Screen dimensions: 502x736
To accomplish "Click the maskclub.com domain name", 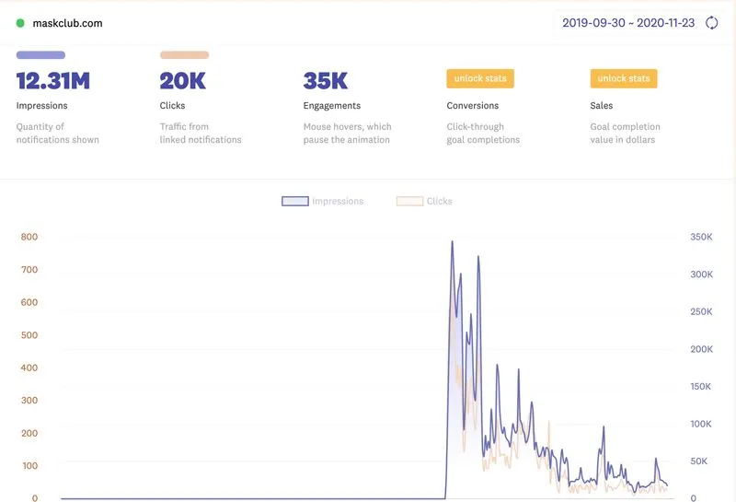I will point(68,23).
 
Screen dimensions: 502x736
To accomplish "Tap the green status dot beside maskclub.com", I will point(20,23).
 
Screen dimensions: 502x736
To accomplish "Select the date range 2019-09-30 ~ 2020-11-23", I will point(628,23).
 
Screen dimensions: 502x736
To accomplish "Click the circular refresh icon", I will point(711,23).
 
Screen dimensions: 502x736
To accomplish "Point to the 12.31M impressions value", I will point(53,81).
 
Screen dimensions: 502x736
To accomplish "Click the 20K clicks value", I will point(182,81).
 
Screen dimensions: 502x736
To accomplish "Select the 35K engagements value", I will point(326,81).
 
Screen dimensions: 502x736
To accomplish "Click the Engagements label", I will point(331,106).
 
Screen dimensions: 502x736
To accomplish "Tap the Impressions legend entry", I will point(323,201).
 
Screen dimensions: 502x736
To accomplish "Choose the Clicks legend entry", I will point(425,201).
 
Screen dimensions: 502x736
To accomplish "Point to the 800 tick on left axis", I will point(29,237).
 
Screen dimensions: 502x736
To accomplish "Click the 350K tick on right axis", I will point(700,237).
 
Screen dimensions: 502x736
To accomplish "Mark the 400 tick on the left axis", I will point(29,368).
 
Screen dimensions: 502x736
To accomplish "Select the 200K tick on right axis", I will point(700,349).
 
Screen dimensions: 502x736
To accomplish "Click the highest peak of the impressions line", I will point(452,242).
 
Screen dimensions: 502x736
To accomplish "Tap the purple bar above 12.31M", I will point(40,55).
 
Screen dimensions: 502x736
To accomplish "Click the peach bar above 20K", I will point(184,55).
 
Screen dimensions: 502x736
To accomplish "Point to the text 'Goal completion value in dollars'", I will point(625,134).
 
